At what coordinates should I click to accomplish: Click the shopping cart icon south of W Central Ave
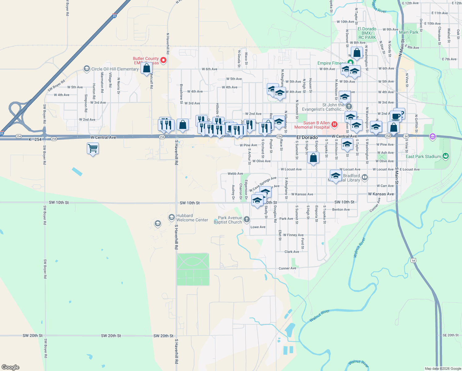[x=93, y=149]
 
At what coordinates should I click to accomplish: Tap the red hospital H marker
[x=334, y=125]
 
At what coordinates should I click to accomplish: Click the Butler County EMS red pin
[x=163, y=60]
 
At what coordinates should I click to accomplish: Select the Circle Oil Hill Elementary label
[x=115, y=69]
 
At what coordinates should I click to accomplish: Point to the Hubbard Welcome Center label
[x=192, y=218]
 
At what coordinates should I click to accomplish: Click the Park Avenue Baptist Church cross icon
[x=246, y=220]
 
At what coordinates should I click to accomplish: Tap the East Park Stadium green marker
[x=445, y=156]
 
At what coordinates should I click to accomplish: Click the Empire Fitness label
[x=332, y=63]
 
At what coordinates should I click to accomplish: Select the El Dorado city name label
[x=307, y=137]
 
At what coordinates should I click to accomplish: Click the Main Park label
[x=409, y=32]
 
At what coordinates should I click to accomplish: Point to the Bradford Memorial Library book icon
[x=365, y=177]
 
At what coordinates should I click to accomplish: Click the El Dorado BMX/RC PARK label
[x=367, y=33]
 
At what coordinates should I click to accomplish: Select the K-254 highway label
[x=35, y=139]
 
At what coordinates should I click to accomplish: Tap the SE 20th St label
[x=451, y=335]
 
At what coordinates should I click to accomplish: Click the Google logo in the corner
[x=10, y=367]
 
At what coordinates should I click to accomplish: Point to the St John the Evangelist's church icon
[x=349, y=107]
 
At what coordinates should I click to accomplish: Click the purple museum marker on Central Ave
[x=432, y=136]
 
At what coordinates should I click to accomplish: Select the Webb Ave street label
[x=235, y=174]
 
